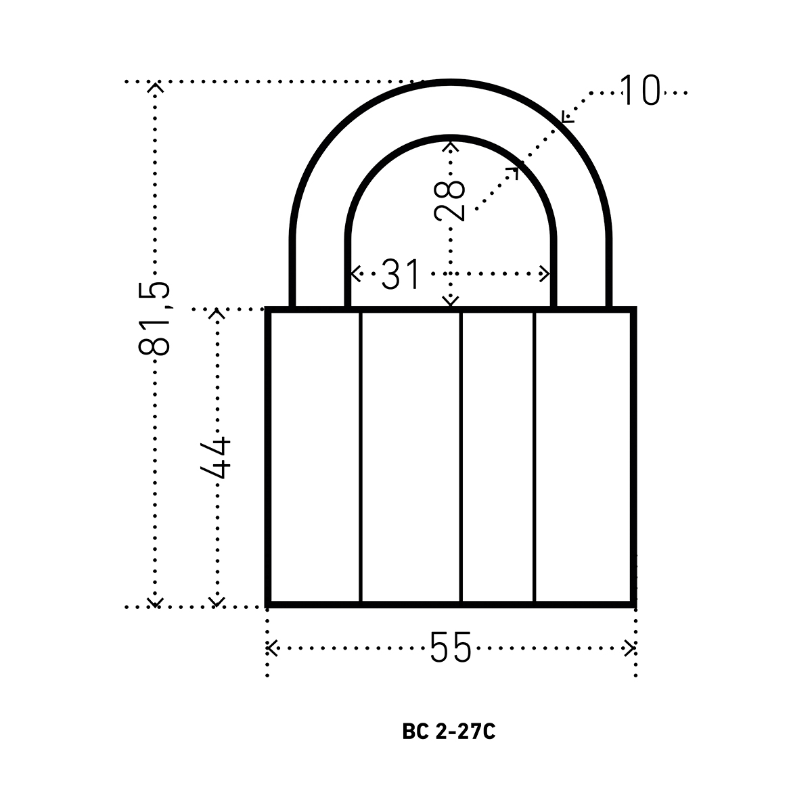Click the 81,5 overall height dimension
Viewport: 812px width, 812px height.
(x=154, y=319)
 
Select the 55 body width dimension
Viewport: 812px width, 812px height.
(x=450, y=648)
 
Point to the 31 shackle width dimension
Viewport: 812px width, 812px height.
(x=401, y=274)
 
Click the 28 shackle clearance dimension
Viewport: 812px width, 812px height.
(x=449, y=200)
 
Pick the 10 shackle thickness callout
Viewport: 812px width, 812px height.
(x=639, y=90)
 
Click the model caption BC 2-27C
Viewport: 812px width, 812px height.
(x=449, y=731)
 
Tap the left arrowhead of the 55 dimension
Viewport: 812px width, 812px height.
(x=271, y=648)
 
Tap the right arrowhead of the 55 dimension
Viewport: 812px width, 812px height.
(x=629, y=648)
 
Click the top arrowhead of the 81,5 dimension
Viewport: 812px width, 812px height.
(x=155, y=87)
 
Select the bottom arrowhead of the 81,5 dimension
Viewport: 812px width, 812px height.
(x=155, y=603)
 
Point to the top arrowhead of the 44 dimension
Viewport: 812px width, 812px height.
(x=217, y=314)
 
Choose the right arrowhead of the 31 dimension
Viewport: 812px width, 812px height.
(x=544, y=274)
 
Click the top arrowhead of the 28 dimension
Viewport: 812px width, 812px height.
(x=451, y=146)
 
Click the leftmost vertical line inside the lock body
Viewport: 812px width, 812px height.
(x=360, y=458)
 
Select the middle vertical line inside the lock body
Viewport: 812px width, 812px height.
(x=461, y=458)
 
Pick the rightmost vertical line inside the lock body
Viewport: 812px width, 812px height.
(x=535, y=458)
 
